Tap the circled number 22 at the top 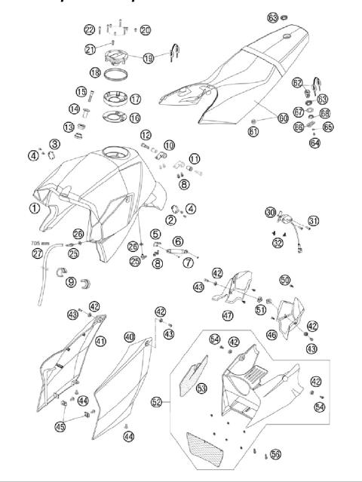tap(90, 29)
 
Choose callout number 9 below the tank tap(70, 283)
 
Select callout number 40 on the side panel tap(130, 336)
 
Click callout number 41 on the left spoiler tap(100, 341)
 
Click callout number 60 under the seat tap(262, 118)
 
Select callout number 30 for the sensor tap(269, 213)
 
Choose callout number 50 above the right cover tap(285, 280)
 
